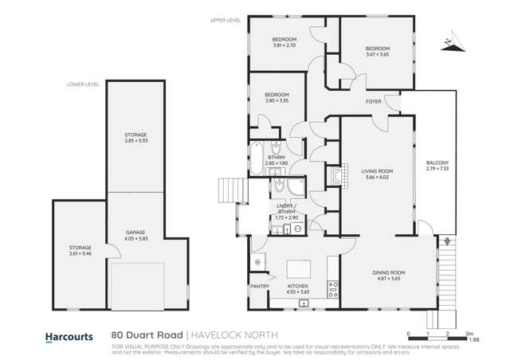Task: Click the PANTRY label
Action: point(260,287)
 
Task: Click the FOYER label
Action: point(373,102)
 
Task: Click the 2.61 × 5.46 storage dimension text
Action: point(80,253)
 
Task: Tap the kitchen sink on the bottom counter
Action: point(304,303)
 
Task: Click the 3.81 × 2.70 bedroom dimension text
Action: point(284,45)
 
